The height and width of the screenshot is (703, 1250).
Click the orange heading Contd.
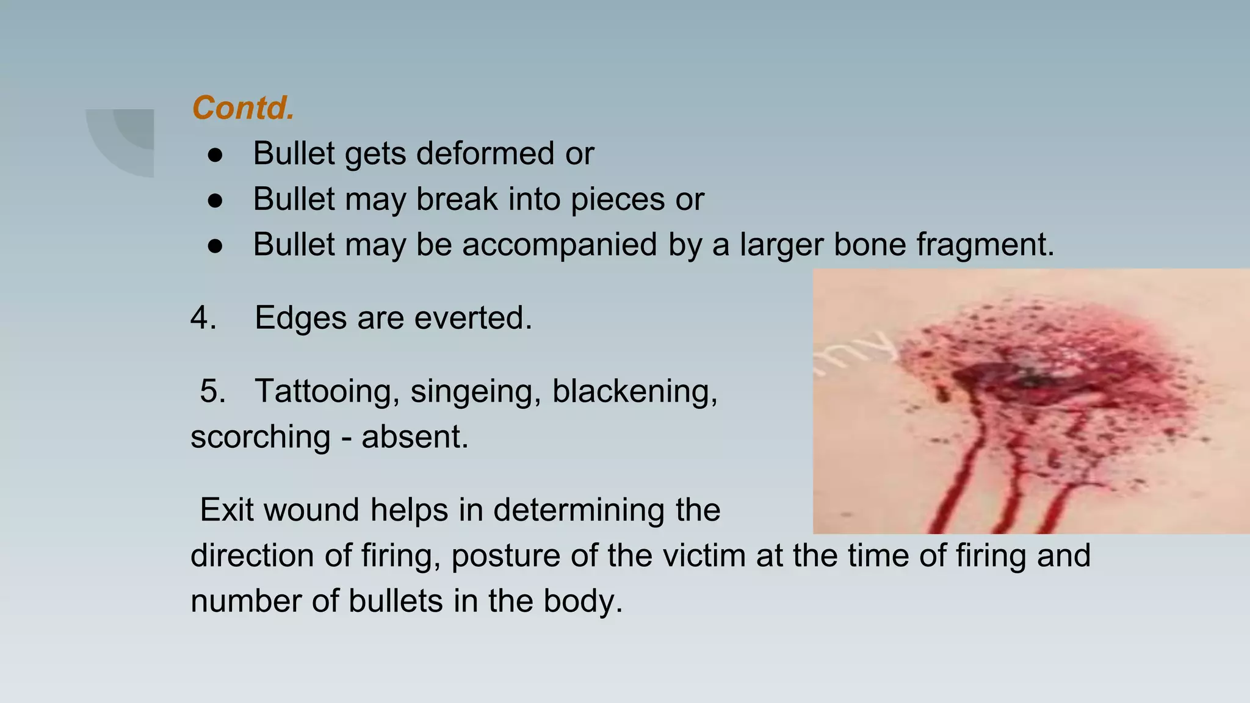point(243,108)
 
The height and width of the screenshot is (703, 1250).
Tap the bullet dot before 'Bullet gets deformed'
point(215,155)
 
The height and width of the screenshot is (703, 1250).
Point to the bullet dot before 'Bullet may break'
point(215,201)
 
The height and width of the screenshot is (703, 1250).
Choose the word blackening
point(635,391)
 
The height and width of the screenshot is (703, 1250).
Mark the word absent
point(415,437)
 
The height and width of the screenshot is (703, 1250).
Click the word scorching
point(261,437)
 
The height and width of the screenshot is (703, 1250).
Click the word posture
point(505,556)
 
